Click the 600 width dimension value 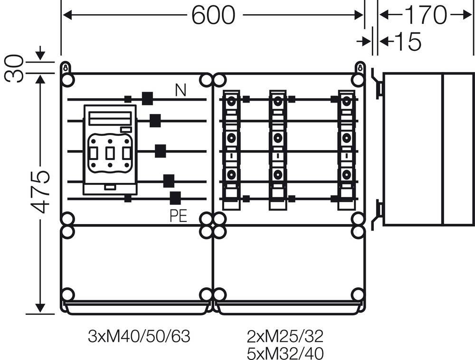(213, 16)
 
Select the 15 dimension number (408, 42)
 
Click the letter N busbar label (180, 90)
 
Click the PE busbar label (178, 217)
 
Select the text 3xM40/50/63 (139, 337)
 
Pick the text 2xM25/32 (285, 337)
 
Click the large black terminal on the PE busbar (175, 198)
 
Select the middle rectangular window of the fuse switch (110, 153)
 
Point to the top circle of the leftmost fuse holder (232, 101)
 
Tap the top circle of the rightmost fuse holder (346, 101)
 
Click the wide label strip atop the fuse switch (110, 117)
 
